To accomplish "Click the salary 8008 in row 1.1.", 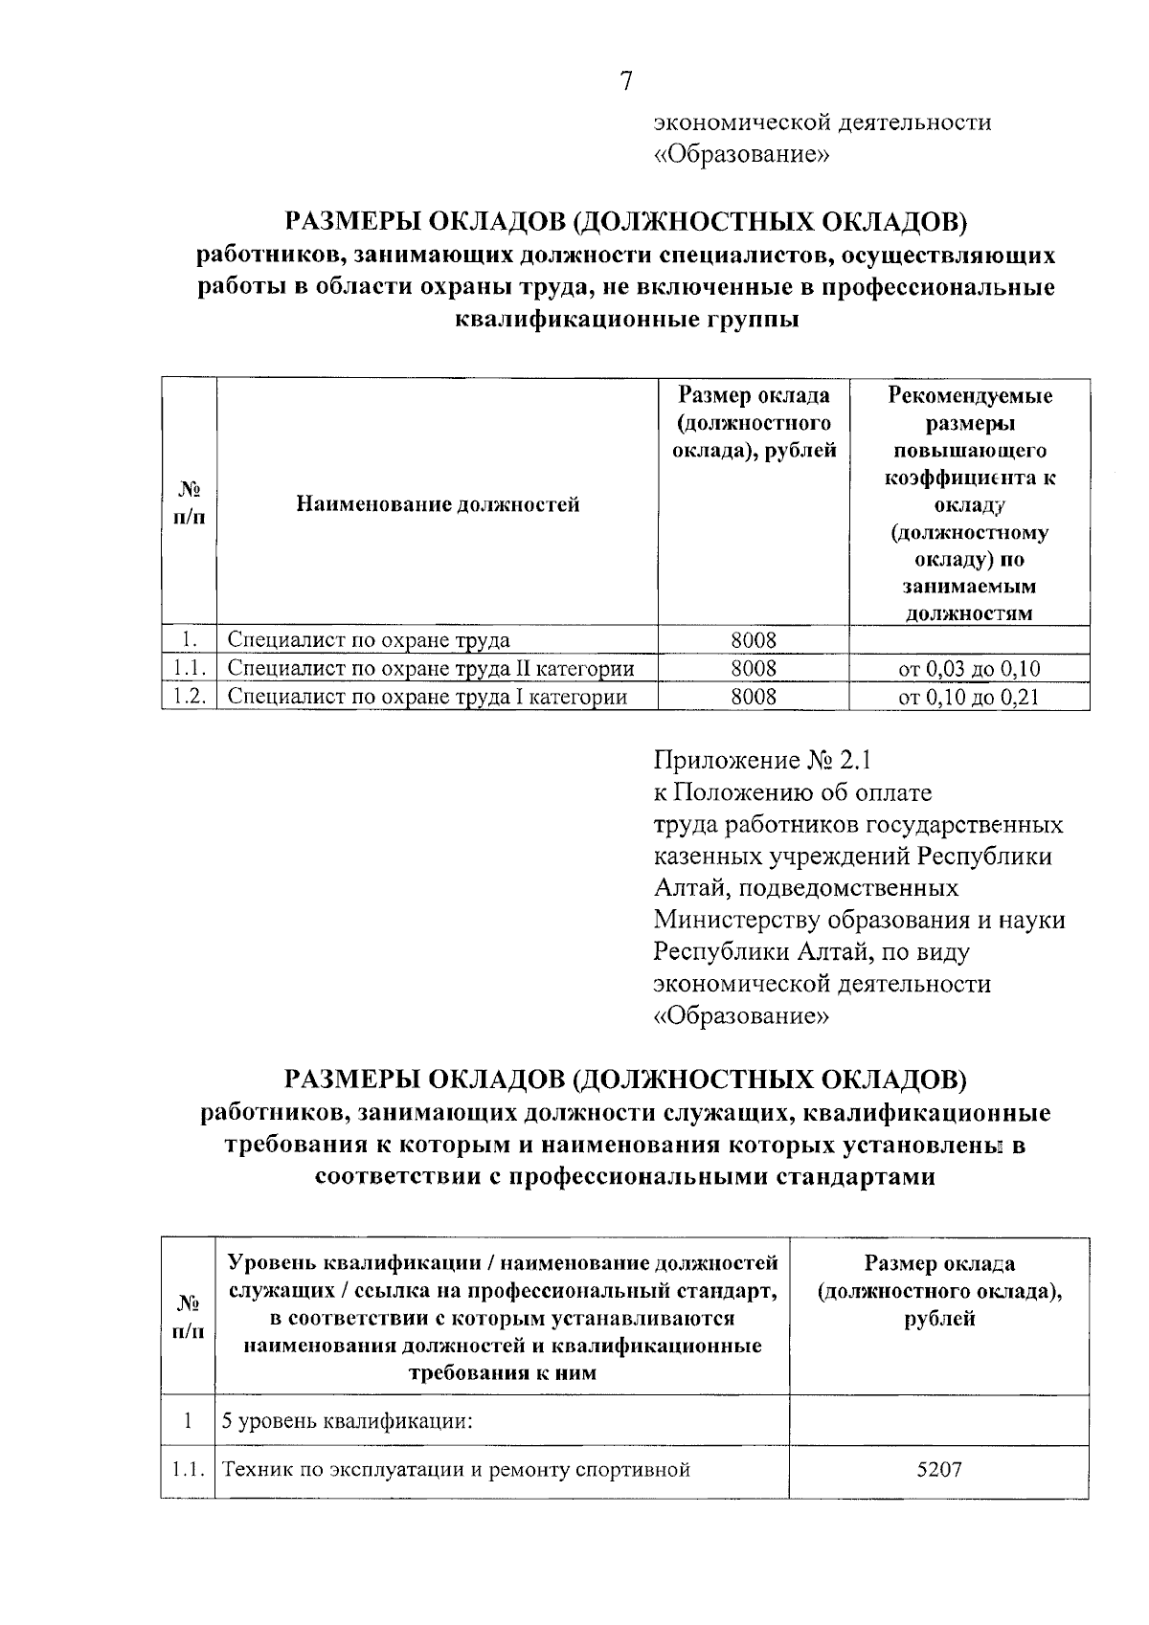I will click(x=753, y=668).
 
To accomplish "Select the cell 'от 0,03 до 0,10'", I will click(x=968, y=669).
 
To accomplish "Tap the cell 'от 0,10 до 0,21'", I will click(x=968, y=697).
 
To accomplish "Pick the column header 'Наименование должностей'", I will click(x=438, y=503).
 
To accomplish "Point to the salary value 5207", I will click(x=938, y=1469).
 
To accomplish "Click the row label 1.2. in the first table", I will click(x=190, y=697).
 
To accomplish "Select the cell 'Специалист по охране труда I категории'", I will click(x=427, y=697).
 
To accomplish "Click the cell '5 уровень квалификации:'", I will click(x=349, y=1420).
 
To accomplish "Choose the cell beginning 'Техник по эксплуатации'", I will click(x=457, y=1469).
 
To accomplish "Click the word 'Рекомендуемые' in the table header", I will click(x=969, y=395).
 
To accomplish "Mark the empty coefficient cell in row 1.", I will click(x=968, y=639).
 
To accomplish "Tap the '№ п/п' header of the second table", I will click(x=189, y=1317).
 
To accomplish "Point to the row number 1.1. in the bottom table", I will click(x=189, y=1469).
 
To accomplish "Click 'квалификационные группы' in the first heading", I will click(x=626, y=320).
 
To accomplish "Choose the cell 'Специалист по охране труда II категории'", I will click(x=431, y=668).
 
